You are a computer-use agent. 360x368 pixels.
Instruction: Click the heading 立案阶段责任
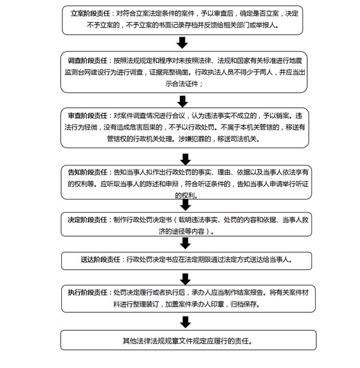click(91, 13)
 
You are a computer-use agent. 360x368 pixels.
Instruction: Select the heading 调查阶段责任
click(88, 61)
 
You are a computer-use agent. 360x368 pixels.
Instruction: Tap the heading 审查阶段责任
click(88, 116)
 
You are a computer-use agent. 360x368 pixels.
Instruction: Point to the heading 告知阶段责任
click(88, 172)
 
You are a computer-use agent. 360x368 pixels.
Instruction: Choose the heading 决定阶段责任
click(88, 220)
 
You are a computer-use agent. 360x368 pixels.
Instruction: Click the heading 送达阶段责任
click(101, 260)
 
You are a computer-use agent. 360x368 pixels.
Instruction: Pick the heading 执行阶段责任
click(88, 292)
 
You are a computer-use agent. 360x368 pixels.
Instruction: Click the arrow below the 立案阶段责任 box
click(182, 43)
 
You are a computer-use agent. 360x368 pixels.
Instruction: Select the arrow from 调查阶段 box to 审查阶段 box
click(182, 101)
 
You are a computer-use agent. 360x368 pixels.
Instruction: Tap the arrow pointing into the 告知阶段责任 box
click(185, 159)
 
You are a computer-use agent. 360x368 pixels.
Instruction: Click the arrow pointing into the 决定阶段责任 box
click(185, 205)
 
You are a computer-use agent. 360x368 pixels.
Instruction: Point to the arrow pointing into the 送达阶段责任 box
click(185, 243)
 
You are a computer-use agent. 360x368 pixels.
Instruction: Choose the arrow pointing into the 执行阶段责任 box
click(185, 279)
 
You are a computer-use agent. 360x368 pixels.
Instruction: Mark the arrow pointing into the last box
click(185, 322)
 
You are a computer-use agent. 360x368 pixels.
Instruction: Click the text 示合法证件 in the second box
click(182, 83)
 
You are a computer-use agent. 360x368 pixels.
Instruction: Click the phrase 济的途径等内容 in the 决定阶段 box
click(181, 231)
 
